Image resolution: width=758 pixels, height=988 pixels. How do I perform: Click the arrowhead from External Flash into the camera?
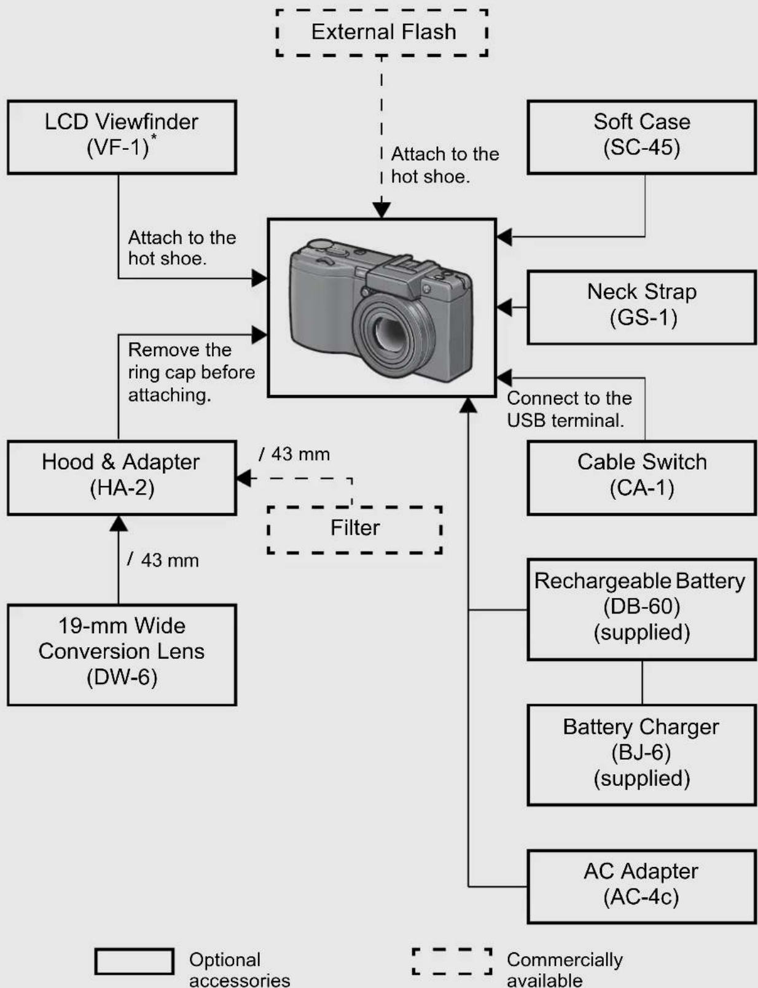(x=381, y=210)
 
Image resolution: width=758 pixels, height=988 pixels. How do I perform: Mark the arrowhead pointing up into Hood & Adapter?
(x=119, y=523)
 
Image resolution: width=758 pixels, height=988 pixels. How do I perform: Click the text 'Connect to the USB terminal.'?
(x=569, y=409)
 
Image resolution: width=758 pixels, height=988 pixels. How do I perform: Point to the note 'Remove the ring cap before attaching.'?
(x=192, y=372)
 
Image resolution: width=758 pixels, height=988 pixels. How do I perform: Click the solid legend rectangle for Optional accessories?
(x=135, y=962)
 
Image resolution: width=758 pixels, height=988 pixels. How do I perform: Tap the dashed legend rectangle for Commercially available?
(x=452, y=962)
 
